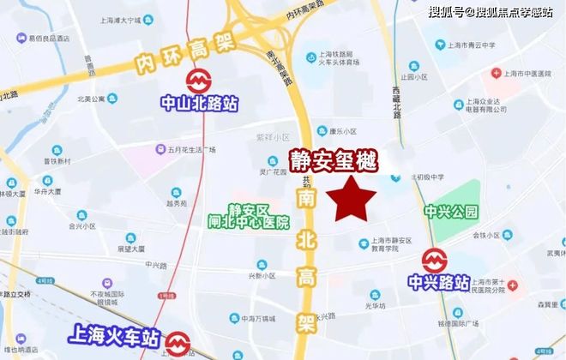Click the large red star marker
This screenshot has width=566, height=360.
coord(354,200)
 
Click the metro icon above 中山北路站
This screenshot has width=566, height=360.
coord(200,81)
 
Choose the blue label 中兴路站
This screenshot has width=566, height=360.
coord(439,282)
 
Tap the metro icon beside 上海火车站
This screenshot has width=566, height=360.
coord(178,344)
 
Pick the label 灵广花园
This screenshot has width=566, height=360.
coord(274,171)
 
